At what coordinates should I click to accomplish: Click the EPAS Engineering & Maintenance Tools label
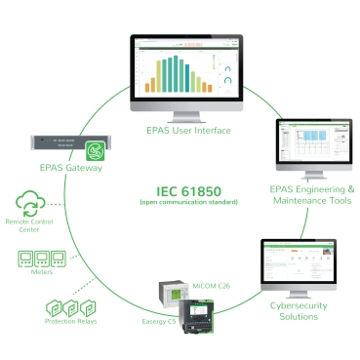coord(311,194)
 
